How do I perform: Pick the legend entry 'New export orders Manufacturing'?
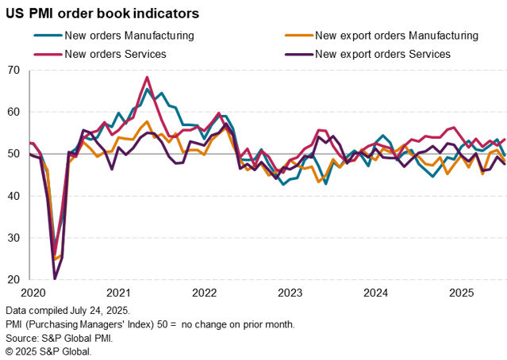pos(396,35)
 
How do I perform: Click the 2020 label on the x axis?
pos(33,293)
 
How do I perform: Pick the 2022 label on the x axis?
pos(205,293)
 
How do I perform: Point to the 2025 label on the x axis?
pos(461,293)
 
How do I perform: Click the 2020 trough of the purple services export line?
pos(55,278)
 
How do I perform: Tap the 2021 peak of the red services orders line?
pos(147,77)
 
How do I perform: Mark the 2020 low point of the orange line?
pos(55,259)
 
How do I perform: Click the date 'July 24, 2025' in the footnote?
pos(94,308)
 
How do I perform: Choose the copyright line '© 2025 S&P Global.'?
pos(48,350)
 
